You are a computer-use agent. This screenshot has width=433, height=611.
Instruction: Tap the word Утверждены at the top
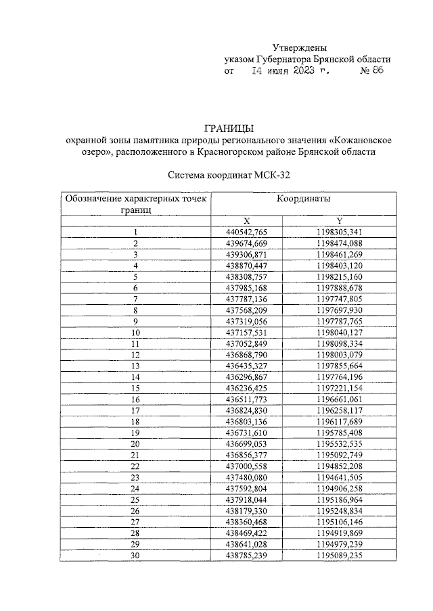click(300, 48)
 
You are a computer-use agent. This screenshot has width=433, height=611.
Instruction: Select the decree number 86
click(376, 71)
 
